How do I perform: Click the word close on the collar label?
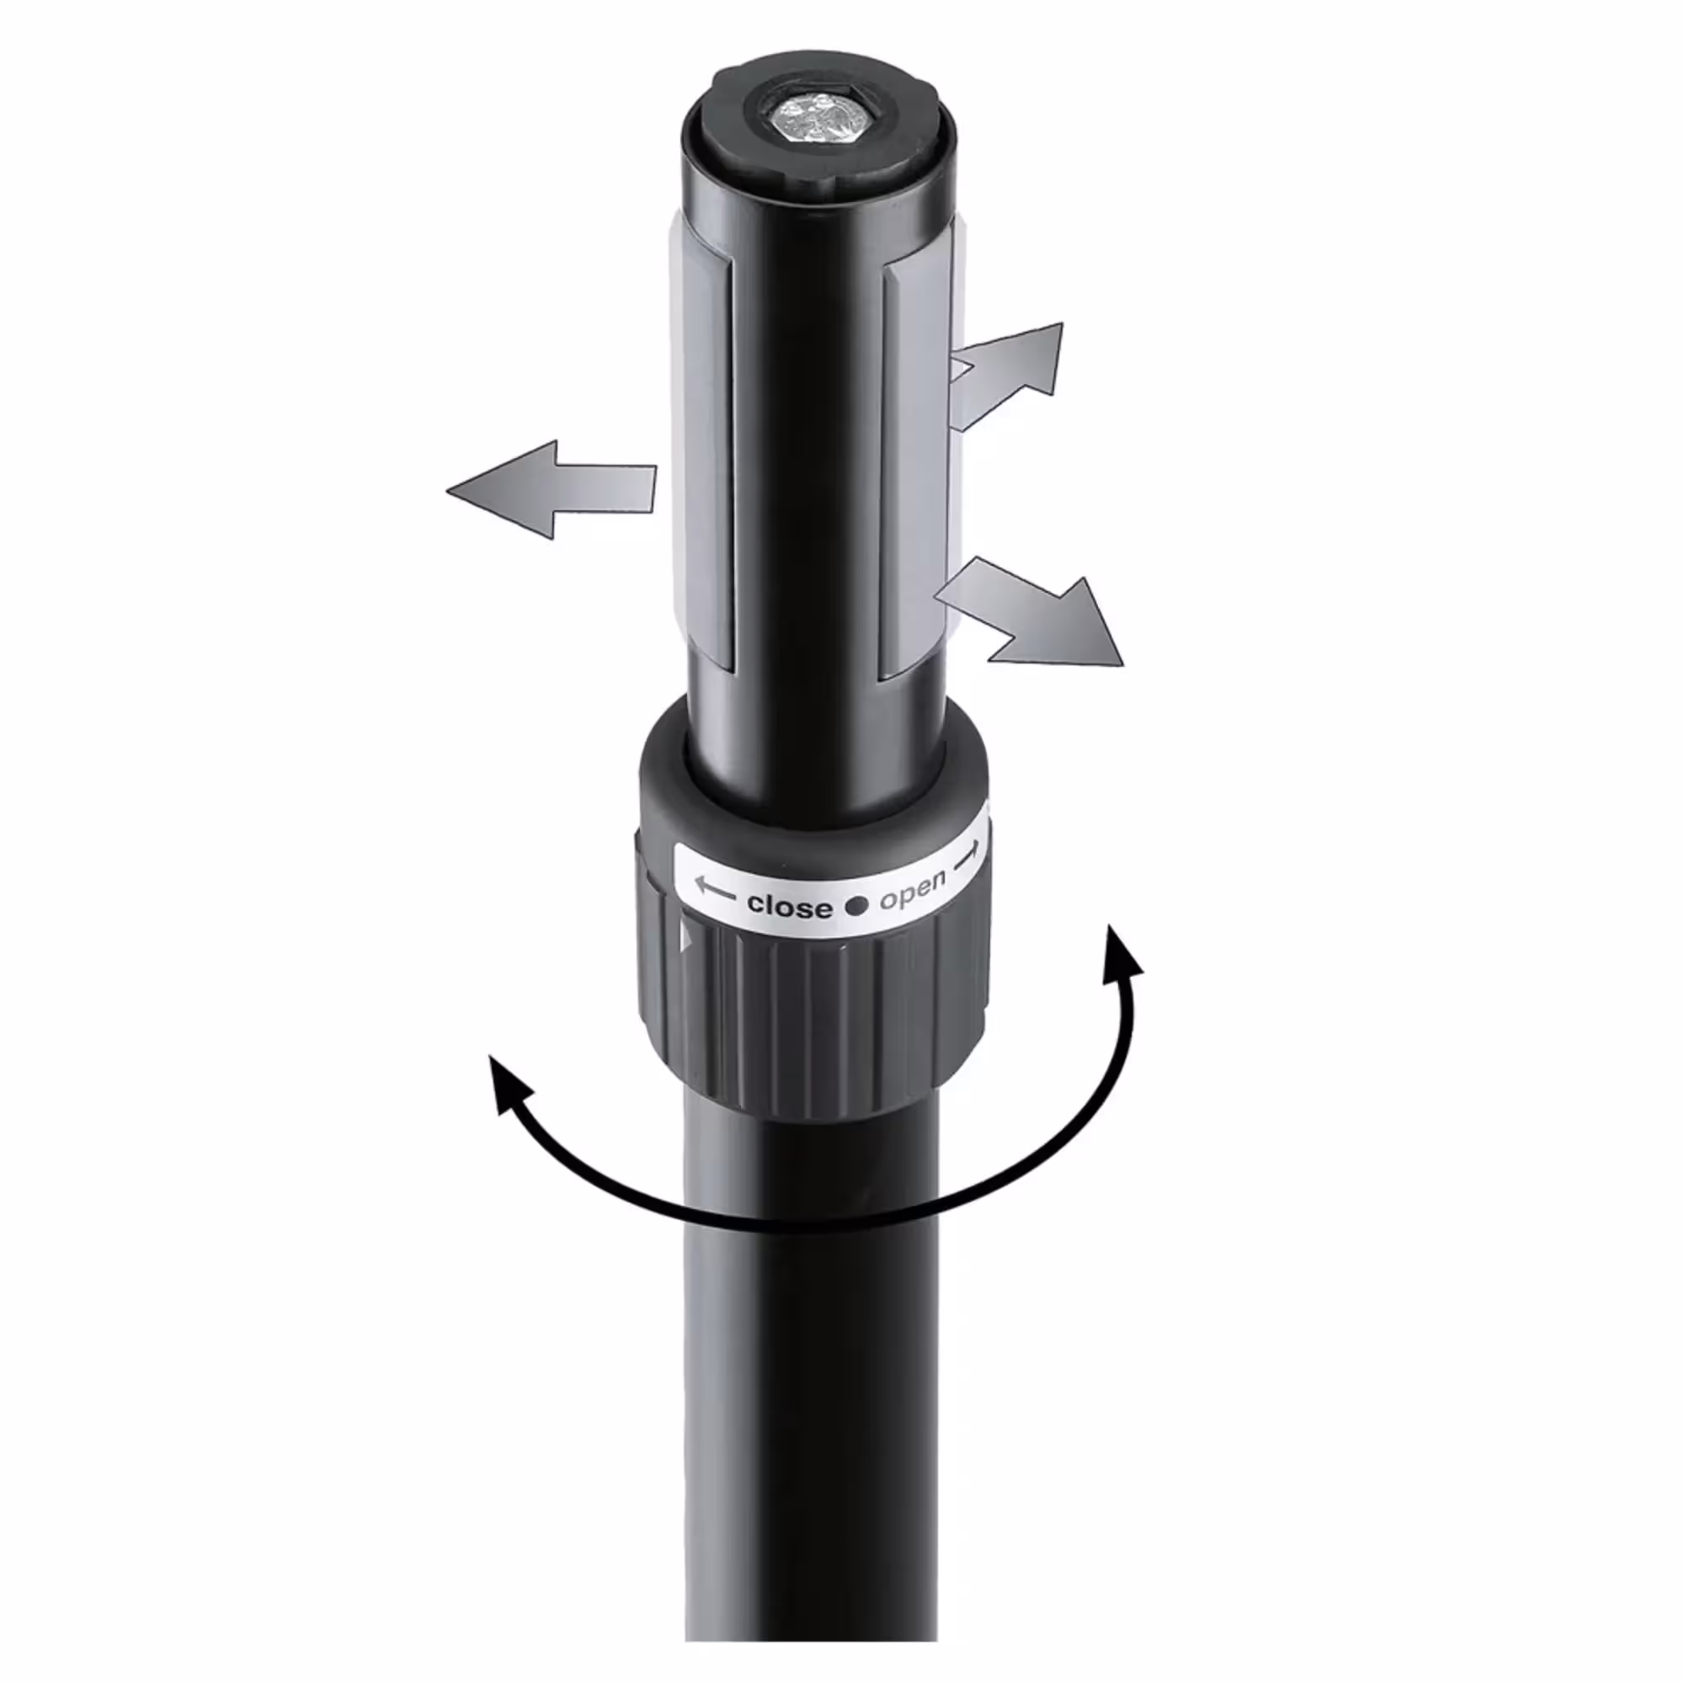tap(789, 906)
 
